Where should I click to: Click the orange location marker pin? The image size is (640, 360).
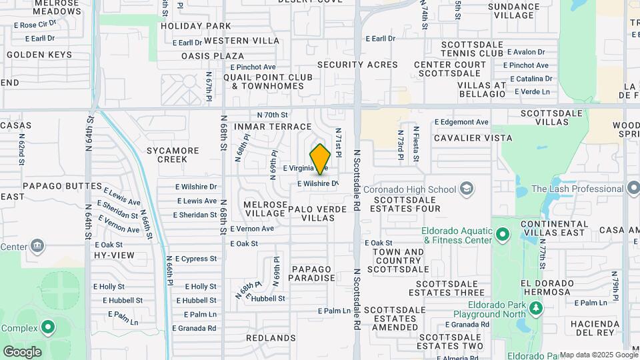point(320,159)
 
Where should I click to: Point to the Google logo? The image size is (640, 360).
point(22,351)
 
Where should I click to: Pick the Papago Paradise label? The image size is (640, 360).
point(312,273)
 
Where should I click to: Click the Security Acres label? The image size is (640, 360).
point(357,65)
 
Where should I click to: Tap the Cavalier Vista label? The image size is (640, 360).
point(473,138)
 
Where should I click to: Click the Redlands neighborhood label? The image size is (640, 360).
point(270,338)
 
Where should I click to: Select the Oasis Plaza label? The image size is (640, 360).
point(213,56)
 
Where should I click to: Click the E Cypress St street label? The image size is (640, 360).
point(195,258)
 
